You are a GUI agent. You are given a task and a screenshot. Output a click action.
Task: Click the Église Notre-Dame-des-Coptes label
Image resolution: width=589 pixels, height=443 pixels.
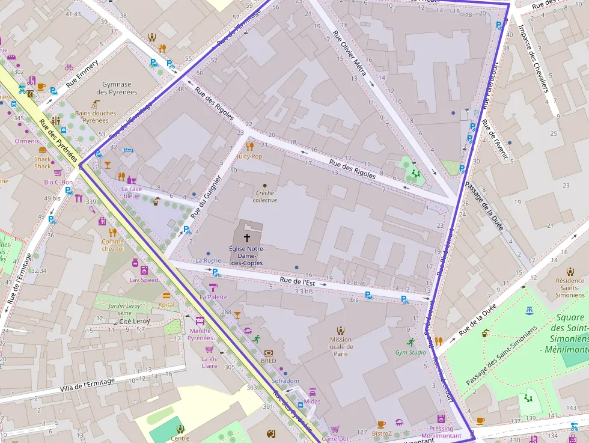tap(246, 255)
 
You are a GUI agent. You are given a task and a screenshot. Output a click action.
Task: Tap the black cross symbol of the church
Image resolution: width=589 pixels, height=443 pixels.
tap(246, 238)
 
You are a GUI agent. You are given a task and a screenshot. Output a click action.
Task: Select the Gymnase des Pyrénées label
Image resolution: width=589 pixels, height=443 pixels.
tap(120, 88)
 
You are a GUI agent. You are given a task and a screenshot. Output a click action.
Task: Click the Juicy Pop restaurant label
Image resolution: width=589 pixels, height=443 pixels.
tap(249, 156)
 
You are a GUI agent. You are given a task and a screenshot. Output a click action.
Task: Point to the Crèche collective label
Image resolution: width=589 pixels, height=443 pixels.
tap(264, 197)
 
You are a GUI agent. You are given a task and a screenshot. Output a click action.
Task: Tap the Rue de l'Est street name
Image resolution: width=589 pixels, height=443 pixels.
tap(298, 281)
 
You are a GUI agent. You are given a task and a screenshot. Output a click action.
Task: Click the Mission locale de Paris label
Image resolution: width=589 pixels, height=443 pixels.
tap(341, 346)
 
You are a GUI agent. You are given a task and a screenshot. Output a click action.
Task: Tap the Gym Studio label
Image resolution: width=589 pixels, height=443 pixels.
tap(410, 352)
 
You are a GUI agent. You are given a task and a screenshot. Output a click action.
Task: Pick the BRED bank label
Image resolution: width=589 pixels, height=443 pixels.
tap(268, 361)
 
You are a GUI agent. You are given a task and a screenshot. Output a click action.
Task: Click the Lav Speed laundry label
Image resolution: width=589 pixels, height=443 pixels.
tap(144, 280)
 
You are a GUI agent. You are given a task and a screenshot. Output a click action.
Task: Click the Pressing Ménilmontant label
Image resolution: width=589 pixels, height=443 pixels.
tap(441, 432)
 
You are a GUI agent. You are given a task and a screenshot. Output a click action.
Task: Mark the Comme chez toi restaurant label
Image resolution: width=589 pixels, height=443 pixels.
tap(112, 245)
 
